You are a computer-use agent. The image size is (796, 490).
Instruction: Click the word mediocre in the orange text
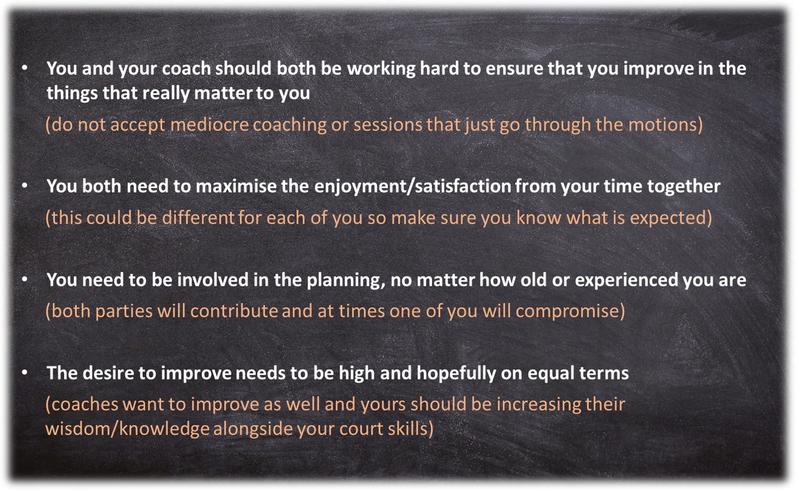click(x=209, y=125)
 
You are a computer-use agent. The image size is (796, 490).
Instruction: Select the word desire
click(x=110, y=373)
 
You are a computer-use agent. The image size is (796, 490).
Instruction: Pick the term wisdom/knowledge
click(x=127, y=429)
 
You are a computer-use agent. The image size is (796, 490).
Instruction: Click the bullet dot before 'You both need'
click(x=25, y=185)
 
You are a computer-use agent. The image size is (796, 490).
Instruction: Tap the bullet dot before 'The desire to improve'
click(x=25, y=373)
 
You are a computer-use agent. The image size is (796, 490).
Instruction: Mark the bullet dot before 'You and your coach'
click(x=25, y=67)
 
